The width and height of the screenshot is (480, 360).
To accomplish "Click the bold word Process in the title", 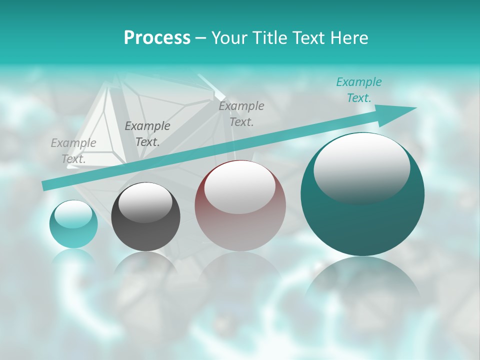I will [x=157, y=38].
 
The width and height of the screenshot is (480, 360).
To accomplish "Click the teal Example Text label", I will [x=358, y=90].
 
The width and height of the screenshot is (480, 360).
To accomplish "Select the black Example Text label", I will [x=147, y=134].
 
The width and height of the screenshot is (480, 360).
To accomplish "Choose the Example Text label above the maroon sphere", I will [x=241, y=114].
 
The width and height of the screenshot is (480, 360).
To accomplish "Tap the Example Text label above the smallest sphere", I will [x=73, y=151].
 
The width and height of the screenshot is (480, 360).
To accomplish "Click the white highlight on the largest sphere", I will [x=361, y=168].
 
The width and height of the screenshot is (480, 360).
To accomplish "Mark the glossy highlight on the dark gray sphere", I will [x=145, y=202].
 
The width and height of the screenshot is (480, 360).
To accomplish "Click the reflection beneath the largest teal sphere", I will [x=362, y=285].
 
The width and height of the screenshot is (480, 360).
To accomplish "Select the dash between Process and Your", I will [x=201, y=38].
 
